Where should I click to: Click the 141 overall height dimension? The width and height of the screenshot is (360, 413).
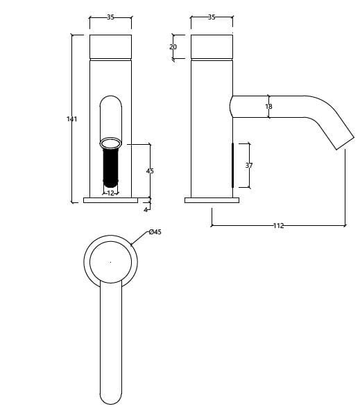click(71, 119)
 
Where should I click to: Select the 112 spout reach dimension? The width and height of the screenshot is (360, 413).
click(278, 225)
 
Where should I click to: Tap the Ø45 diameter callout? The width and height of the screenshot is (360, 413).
click(155, 232)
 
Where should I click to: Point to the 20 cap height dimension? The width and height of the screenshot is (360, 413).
click(173, 46)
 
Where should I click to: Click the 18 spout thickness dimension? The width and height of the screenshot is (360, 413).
click(268, 107)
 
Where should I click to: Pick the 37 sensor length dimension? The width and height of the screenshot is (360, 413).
click(249, 166)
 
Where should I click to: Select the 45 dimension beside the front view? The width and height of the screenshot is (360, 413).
click(150, 170)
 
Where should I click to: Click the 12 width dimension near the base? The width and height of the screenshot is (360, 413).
click(110, 193)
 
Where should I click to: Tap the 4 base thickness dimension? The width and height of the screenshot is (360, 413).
click(146, 209)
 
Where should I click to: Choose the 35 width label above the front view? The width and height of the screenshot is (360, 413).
click(110, 17)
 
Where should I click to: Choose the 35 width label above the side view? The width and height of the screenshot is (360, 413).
click(212, 17)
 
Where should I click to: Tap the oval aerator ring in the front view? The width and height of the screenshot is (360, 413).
click(110, 143)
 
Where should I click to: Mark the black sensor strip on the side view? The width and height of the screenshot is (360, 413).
click(232, 165)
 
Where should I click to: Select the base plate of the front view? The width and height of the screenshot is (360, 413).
click(110, 200)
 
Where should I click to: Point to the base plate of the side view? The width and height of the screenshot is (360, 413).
click(212, 200)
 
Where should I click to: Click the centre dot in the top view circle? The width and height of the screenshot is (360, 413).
click(110, 262)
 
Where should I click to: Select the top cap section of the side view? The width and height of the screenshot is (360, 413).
click(212, 46)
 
